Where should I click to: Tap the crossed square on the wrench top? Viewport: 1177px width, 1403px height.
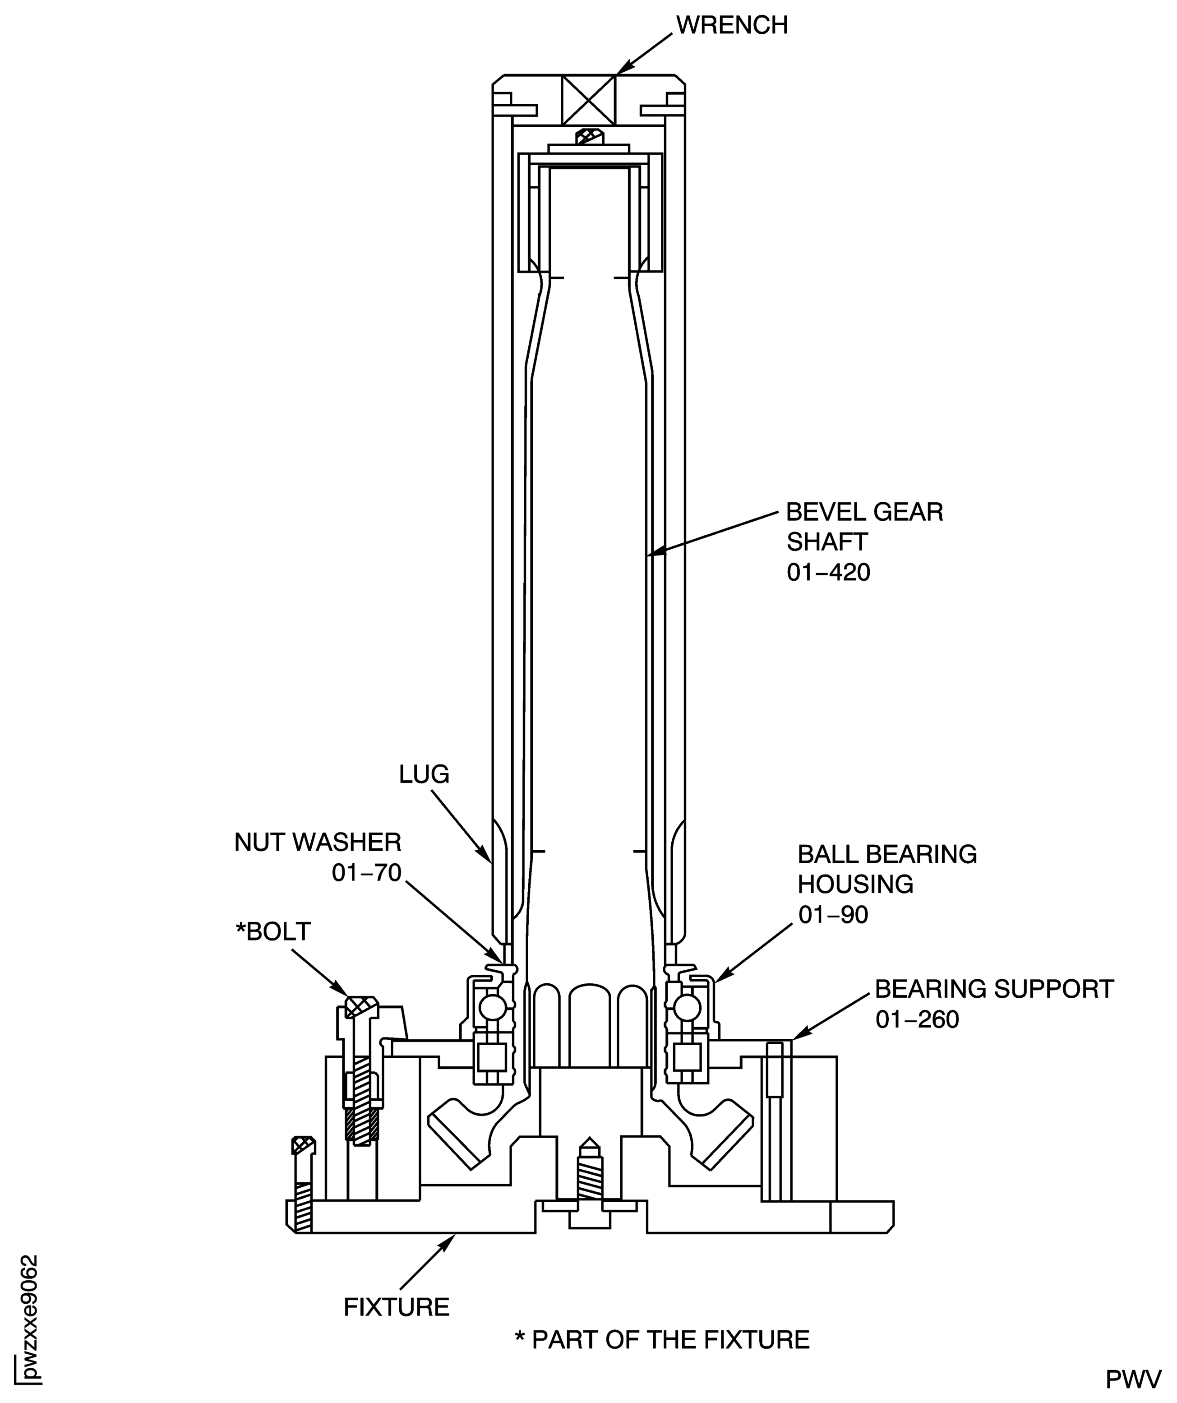[x=588, y=100]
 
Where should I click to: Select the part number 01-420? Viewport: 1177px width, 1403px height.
[x=828, y=573]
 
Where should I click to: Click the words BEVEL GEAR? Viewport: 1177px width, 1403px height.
[x=864, y=513]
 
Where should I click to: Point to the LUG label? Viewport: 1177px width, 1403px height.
[x=424, y=774]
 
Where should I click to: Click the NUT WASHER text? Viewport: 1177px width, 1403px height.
[x=318, y=843]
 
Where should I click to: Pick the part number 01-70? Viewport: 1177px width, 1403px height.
[x=367, y=873]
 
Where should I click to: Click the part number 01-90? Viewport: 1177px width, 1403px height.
[x=833, y=915]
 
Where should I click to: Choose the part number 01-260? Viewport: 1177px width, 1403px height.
[x=917, y=1019]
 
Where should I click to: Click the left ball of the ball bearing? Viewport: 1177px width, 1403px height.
[x=493, y=1008]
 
